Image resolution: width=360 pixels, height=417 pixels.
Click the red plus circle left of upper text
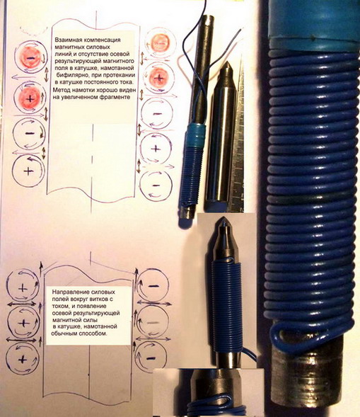(x=30, y=98)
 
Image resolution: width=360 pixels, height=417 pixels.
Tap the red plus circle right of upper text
(x=159, y=78)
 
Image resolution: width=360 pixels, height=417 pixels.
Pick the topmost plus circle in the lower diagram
(x=23, y=287)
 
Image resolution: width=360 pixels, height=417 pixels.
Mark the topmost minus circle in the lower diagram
(x=153, y=287)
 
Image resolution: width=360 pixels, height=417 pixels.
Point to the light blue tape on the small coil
(x=196, y=137)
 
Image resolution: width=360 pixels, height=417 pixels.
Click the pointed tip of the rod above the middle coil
(x=224, y=219)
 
